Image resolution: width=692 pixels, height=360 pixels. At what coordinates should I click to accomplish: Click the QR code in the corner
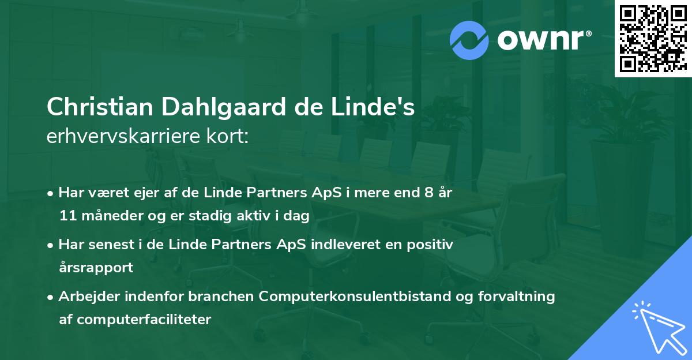tap(652, 38)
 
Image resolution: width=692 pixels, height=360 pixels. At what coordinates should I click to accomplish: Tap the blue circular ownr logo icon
tap(469, 40)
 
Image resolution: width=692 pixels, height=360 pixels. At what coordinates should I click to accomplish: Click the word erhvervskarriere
tap(124, 136)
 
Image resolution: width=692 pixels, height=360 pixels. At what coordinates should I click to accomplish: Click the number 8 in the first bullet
tap(428, 193)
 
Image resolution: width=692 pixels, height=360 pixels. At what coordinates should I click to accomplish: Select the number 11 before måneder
tap(67, 216)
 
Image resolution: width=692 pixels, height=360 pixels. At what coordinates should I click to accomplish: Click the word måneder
tap(108, 216)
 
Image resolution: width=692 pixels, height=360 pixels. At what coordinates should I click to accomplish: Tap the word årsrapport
tap(96, 268)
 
